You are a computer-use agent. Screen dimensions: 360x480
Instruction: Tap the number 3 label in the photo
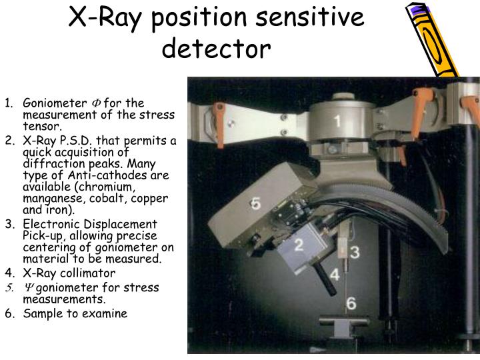355,253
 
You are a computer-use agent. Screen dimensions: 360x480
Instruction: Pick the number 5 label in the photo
255,204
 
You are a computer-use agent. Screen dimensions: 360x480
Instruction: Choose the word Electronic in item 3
50,224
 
